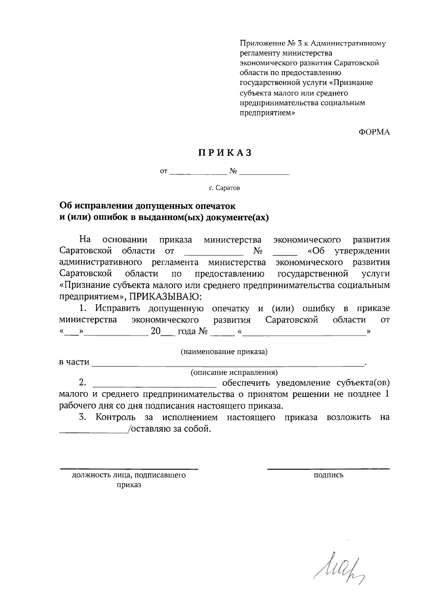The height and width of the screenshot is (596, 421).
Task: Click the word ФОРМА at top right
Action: pyautogui.click(x=374, y=132)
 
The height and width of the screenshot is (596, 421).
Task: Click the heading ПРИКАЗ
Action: pyautogui.click(x=225, y=153)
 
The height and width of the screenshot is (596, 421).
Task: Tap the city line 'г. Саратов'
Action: pyautogui.click(x=225, y=188)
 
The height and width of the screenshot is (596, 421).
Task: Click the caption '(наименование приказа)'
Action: pyautogui.click(x=224, y=352)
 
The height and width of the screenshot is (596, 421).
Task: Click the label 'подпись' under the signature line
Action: pyautogui.click(x=328, y=475)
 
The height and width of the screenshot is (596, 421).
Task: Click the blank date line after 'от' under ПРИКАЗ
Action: pyautogui.click(x=198, y=173)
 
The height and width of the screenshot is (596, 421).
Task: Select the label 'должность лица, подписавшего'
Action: pyautogui.click(x=129, y=476)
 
